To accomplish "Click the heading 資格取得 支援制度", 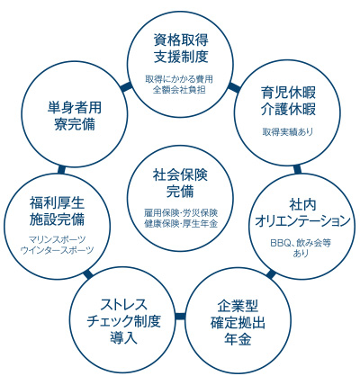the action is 181,49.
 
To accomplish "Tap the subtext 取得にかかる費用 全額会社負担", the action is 179,85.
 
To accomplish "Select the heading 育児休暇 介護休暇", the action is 288,101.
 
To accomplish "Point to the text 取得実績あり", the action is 288,131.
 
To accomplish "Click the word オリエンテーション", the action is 302,221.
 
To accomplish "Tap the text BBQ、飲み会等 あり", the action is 301,247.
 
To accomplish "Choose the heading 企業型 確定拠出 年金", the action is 238,322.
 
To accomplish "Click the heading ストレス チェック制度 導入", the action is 123,321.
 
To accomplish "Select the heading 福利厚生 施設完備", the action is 57,211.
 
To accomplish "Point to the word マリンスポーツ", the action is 57,239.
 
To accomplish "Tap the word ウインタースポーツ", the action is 57,250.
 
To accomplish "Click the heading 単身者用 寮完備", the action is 75,116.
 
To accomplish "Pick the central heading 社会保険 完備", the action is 180,184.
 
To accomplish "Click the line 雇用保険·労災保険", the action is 181,213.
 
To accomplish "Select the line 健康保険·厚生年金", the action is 181,224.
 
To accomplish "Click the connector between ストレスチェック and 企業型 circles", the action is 180,317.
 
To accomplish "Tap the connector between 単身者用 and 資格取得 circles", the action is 126,86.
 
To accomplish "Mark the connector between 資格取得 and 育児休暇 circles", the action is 234,86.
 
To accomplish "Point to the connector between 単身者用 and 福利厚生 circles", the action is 61,170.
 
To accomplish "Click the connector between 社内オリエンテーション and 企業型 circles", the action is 271,274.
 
